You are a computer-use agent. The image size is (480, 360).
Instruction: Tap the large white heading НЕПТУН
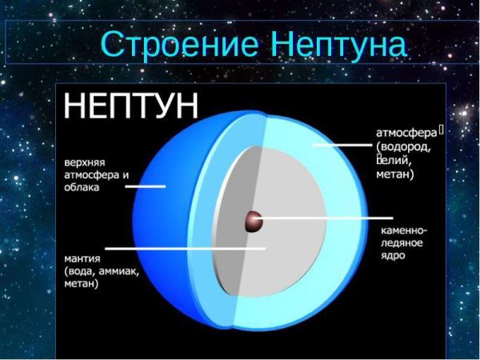coord(132,106)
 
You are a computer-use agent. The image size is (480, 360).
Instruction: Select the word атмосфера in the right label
coord(405,133)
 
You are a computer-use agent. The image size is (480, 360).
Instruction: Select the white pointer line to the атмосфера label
coord(340,146)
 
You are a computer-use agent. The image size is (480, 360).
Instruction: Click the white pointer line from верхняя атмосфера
coord(145,186)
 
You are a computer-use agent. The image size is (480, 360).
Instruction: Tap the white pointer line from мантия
coord(184,248)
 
